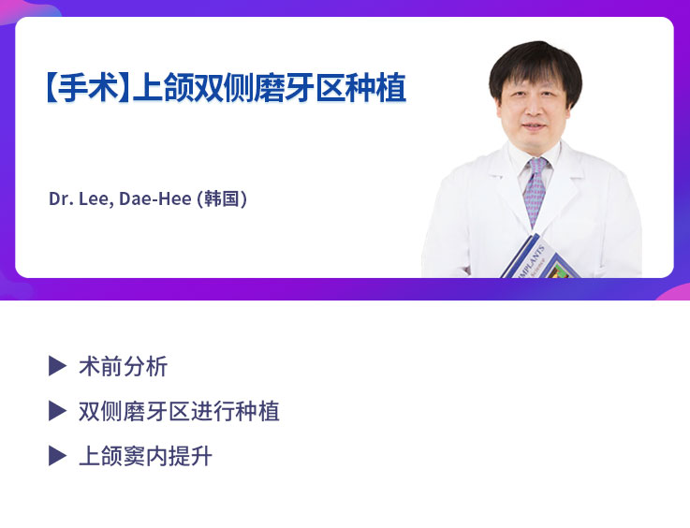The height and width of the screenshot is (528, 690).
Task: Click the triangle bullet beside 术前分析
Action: (57, 366)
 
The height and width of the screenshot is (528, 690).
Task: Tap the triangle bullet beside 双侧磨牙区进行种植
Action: (57, 411)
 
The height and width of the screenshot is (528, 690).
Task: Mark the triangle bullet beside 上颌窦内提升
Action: (57, 456)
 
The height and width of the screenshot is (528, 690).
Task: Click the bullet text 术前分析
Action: (123, 366)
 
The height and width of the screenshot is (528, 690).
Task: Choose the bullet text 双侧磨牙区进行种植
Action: (179, 411)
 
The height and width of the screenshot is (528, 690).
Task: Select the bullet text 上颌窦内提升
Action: (145, 456)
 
